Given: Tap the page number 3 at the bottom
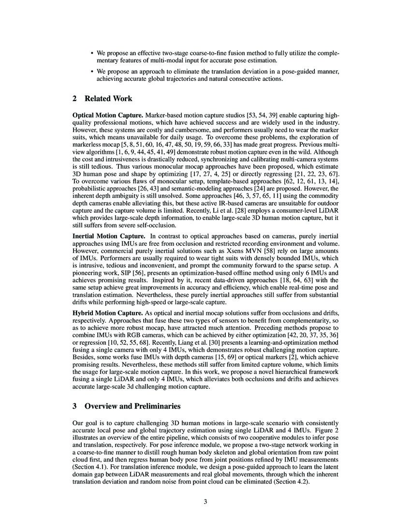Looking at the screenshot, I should pyautogui.click(x=205, y=502).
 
